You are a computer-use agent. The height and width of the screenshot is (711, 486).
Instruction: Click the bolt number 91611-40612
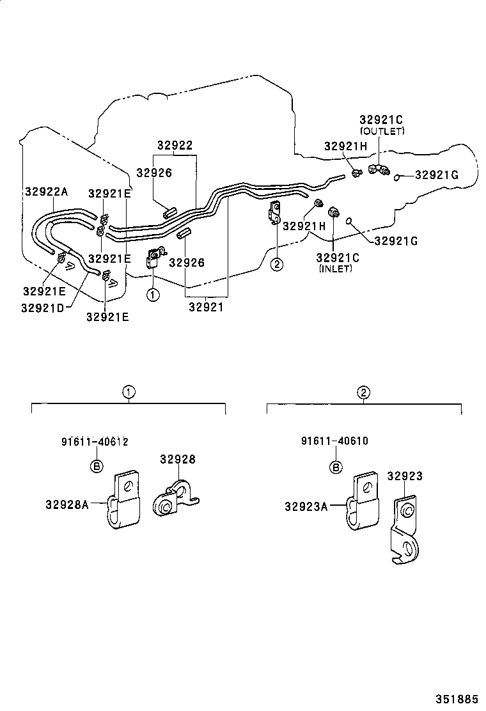pos(95,441)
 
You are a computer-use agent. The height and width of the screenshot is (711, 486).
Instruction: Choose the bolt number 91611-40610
pos(334,441)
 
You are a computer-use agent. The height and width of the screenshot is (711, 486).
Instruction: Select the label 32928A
pos(67,503)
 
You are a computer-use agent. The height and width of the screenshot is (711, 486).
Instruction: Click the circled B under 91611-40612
pos(95,466)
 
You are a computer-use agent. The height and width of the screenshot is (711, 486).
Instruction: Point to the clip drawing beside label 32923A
pos(363,503)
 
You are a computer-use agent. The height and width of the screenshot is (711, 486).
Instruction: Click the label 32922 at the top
pos(175,146)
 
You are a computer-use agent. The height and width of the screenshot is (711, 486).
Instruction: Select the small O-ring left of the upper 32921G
pos(398,176)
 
